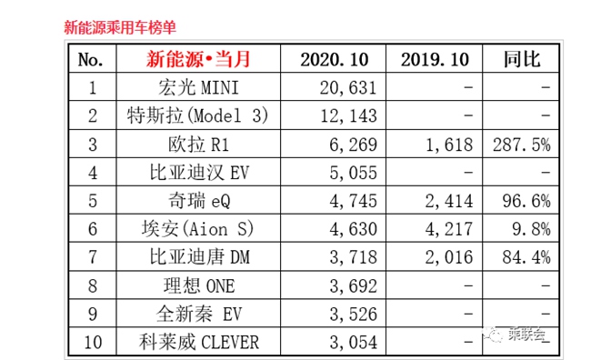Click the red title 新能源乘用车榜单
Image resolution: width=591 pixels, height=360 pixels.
[x=120, y=27]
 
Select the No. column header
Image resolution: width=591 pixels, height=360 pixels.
[x=92, y=60]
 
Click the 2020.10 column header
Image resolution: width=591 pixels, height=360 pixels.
[x=334, y=60]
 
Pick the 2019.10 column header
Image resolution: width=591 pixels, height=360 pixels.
[x=435, y=60]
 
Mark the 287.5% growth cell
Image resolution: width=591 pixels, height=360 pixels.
[x=524, y=145]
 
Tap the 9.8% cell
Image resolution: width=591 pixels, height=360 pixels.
[x=533, y=229]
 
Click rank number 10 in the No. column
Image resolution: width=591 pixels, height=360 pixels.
[x=92, y=342]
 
